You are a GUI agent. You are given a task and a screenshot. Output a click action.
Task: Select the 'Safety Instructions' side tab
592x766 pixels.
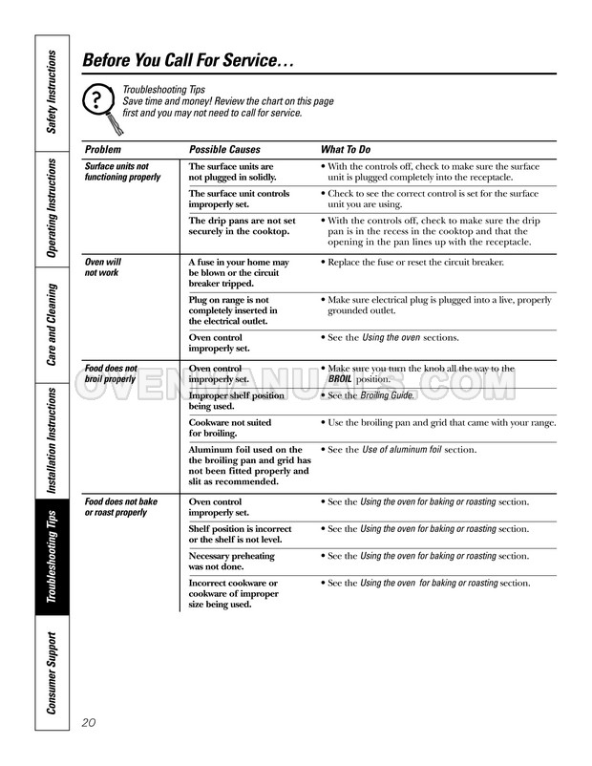53,91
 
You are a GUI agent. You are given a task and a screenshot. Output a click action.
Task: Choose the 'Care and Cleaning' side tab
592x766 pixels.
53,325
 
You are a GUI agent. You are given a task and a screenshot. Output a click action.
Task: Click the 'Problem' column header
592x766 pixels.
103,150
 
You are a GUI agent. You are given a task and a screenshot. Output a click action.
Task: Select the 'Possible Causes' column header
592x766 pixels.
225,150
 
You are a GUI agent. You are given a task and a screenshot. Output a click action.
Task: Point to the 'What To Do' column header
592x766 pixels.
346,150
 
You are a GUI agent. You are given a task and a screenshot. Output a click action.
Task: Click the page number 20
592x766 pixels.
93,721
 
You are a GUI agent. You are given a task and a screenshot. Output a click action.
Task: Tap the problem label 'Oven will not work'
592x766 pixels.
103,266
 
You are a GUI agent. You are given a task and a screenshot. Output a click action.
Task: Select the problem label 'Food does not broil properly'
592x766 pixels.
111,373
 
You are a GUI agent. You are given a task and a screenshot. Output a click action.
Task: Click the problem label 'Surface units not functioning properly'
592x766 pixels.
122,172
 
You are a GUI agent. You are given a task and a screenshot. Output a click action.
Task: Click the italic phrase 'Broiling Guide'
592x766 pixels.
389,395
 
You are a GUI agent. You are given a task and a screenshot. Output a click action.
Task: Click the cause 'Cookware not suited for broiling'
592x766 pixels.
230,427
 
